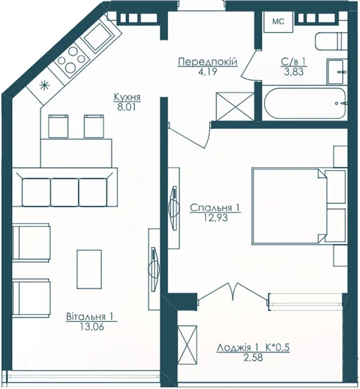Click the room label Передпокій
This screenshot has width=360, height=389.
click(x=207, y=61)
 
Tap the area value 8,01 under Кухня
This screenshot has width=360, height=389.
click(x=127, y=108)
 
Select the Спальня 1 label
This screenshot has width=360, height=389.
click(x=215, y=208)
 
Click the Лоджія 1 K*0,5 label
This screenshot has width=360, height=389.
click(x=253, y=348)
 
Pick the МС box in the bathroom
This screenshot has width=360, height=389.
click(x=279, y=22)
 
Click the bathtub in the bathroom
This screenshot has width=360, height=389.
click(x=305, y=103)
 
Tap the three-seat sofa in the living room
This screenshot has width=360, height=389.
click(x=64, y=187)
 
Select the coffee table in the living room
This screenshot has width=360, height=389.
click(x=89, y=269)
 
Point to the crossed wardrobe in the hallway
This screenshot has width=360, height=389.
click(x=235, y=107)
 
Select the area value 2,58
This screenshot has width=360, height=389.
click(x=253, y=357)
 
